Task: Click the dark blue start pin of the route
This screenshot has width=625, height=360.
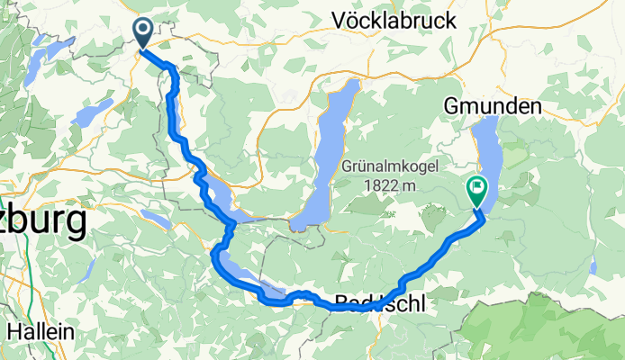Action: coord(144,31)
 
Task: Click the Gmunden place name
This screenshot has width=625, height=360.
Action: coord(493,106)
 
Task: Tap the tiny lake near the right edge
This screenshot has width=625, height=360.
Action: coord(593,267)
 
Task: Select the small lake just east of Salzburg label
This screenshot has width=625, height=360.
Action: coord(154,219)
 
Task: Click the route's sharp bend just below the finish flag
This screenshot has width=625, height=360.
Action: coord(481,215)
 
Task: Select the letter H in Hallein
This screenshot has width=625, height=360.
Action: coord(13,331)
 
